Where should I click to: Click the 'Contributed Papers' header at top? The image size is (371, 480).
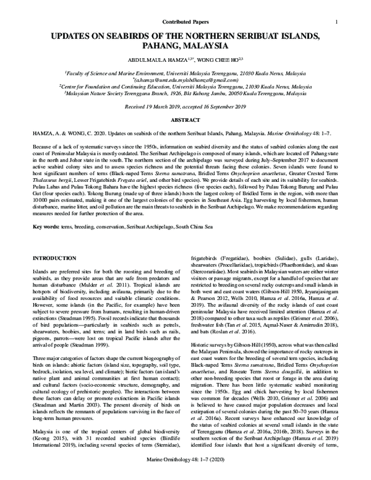pyautogui.click(x=185, y=6)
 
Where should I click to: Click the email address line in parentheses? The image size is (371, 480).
pyautogui.click(x=185, y=80)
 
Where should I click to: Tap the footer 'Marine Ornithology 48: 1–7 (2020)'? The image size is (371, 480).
pyautogui.click(x=185, y=471)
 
